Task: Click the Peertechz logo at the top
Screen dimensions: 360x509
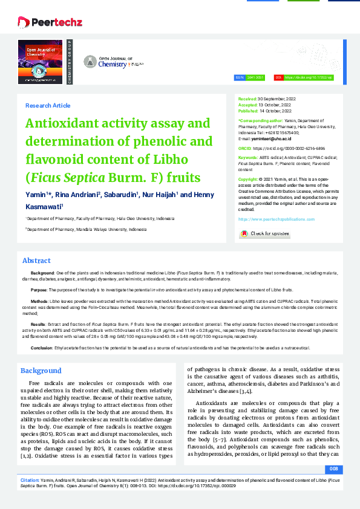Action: pos(50,22)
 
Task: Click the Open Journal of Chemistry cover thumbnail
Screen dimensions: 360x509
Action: pos(40,62)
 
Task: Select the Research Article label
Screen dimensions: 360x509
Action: pos(48,106)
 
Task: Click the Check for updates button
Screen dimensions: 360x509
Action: pos(264,233)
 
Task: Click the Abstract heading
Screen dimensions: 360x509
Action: pos(36,261)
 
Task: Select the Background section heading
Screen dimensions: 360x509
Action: pos(41,371)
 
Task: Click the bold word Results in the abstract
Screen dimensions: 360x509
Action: pos(38,324)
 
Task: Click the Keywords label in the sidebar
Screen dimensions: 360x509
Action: pos(248,157)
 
